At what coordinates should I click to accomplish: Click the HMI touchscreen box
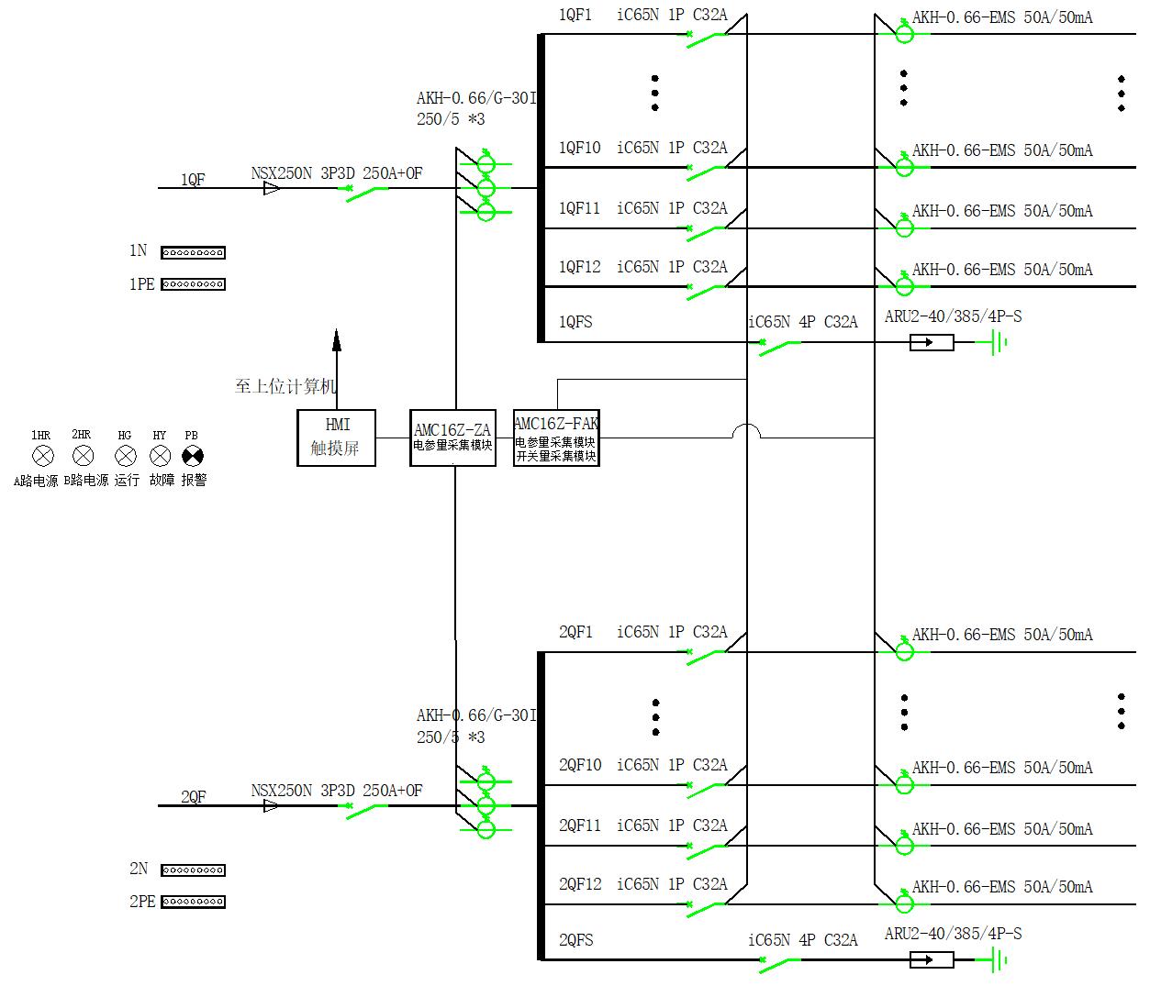[336, 438]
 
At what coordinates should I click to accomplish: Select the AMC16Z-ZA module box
[452, 438]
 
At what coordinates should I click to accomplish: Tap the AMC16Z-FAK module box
[556, 438]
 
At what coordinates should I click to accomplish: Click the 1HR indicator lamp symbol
[42, 456]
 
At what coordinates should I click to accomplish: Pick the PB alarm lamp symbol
[192, 456]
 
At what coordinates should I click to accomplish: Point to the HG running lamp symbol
[125, 456]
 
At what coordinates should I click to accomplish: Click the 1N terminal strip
[193, 252]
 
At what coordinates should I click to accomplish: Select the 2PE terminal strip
[193, 902]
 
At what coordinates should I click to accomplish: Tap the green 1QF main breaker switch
[367, 192]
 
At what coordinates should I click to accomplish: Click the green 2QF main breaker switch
[367, 809]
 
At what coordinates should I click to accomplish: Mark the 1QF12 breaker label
[579, 267]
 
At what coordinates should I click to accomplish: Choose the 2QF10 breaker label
[579, 765]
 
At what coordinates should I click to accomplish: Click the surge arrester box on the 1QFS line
[931, 343]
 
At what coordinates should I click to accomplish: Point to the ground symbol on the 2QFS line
[997, 960]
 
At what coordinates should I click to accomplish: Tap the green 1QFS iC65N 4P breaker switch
[779, 346]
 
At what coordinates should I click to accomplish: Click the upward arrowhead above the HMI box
[337, 340]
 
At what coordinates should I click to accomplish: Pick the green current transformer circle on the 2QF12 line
[904, 903]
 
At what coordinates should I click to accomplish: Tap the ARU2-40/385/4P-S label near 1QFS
[953, 316]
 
